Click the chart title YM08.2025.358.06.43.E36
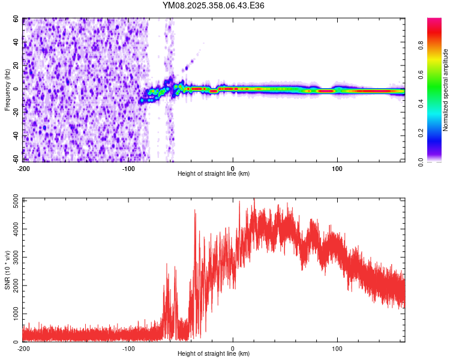click(x=214, y=5)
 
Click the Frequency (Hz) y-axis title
click(x=7, y=90)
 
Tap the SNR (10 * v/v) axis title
click(x=7, y=270)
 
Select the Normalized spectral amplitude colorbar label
click(x=445, y=90)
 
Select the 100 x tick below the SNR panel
click(x=337, y=348)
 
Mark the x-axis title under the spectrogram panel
click(x=214, y=174)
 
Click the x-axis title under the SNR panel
click(x=214, y=354)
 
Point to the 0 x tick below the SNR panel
click(x=233, y=348)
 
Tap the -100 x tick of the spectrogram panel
click(x=128, y=167)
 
